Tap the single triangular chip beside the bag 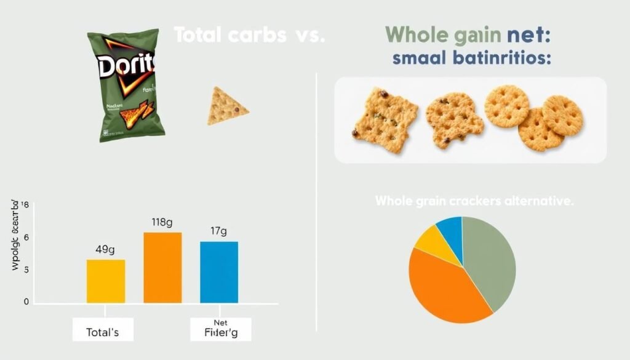tap(226, 106)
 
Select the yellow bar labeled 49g tap(106, 281)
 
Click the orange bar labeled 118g tap(162, 267)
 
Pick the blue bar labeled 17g tap(219, 271)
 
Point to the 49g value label tap(106, 250)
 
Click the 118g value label tap(162, 222)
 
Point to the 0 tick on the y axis tap(26, 302)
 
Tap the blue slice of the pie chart tap(450, 231)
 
